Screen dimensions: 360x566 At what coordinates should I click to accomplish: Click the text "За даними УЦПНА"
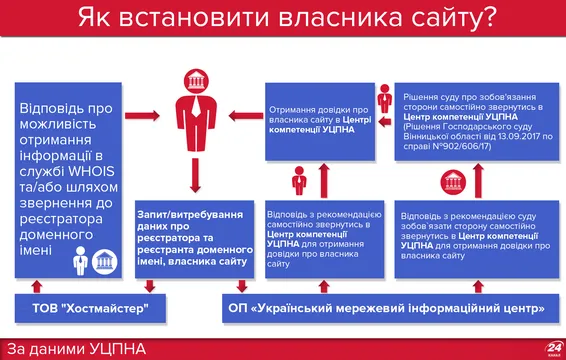[x=74, y=346]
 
